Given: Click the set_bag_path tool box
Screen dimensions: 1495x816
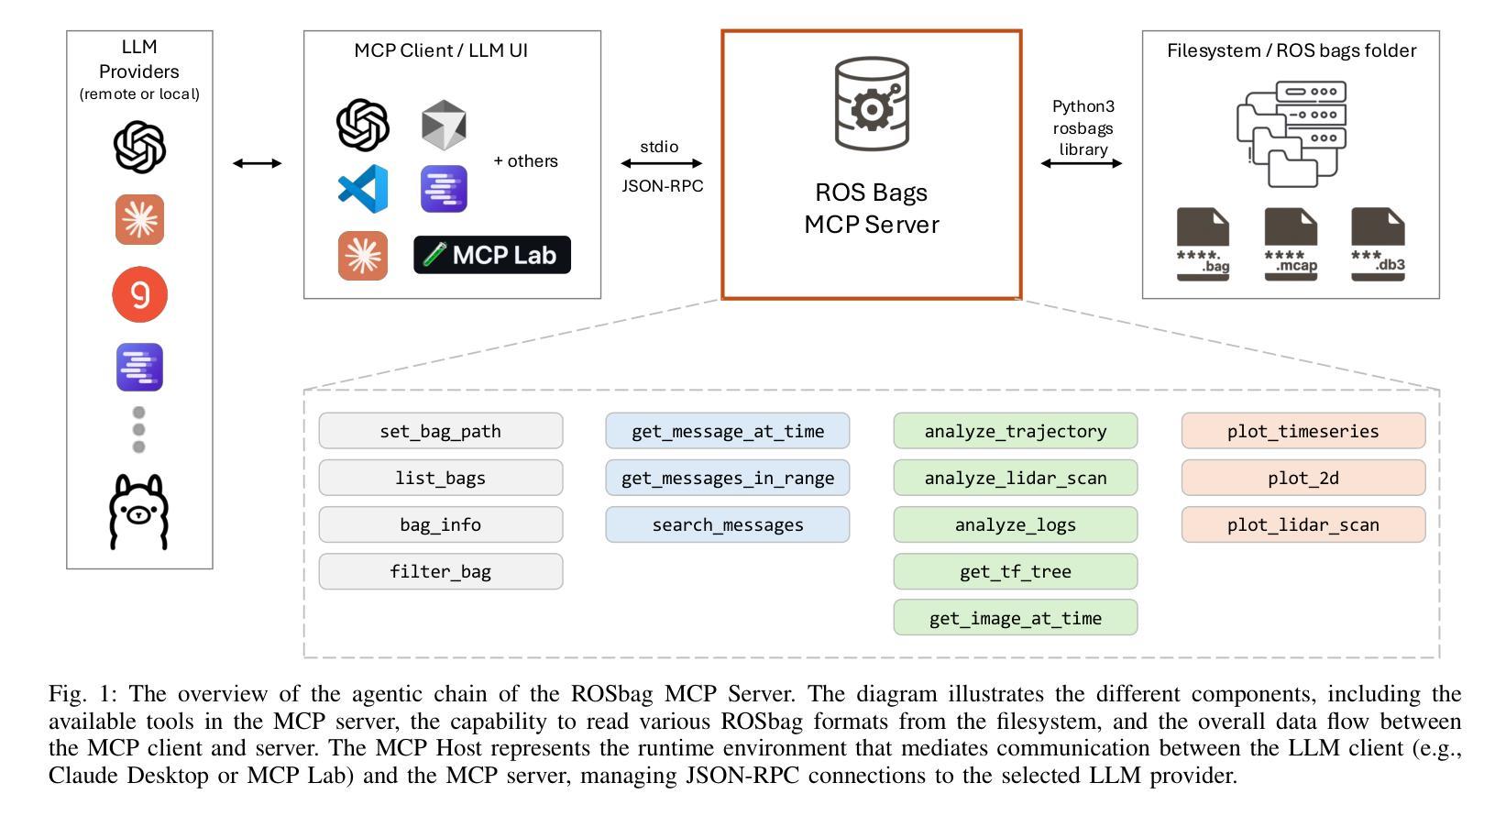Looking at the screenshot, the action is [441, 431].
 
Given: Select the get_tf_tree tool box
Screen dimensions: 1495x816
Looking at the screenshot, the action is [1015, 571].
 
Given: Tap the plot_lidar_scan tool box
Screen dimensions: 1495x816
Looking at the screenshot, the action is [1303, 524].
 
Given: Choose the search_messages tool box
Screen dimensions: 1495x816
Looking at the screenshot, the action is [728, 524].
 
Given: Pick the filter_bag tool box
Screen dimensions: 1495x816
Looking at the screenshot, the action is [441, 571].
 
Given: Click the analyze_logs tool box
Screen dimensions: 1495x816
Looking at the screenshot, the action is [1015, 524].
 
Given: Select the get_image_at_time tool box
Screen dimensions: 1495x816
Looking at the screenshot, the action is [1015, 618].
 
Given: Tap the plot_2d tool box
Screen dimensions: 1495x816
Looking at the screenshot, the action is [1303, 478].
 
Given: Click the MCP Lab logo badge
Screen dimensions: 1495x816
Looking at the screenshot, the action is [492, 254].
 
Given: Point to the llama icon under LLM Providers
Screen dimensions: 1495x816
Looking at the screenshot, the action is [138, 512].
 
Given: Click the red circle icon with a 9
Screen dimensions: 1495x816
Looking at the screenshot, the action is [139, 294].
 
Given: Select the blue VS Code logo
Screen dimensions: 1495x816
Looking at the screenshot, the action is [363, 189].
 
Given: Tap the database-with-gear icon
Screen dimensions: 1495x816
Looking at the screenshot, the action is [872, 104].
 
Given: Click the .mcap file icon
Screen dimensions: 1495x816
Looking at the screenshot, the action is [1291, 244].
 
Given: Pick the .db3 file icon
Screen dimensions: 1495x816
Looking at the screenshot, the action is [1379, 244].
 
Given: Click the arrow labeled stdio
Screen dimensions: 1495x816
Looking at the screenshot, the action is [662, 163].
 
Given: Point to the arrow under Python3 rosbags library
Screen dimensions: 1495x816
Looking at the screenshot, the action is [1082, 163].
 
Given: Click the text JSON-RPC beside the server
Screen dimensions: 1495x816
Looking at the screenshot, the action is [662, 185].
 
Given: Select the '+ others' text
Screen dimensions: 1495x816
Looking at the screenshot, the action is [525, 161].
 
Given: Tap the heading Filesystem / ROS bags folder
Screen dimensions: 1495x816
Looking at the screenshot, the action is [1291, 50].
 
